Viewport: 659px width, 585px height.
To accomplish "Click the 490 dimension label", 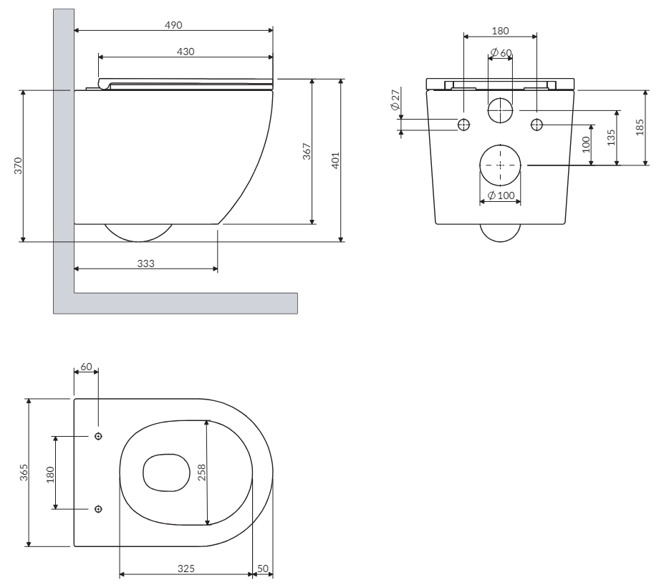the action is [x=173, y=25].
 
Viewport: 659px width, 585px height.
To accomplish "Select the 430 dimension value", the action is [x=186, y=52].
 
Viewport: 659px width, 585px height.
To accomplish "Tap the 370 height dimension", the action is [x=18, y=165].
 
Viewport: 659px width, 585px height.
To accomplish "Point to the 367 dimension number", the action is [x=307, y=152].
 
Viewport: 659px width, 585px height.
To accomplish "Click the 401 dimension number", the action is [x=335, y=160].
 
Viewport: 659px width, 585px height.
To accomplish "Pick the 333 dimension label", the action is [x=146, y=264].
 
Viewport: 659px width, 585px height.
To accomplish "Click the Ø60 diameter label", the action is [x=501, y=52].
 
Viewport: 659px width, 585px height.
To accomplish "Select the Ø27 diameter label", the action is [x=395, y=100].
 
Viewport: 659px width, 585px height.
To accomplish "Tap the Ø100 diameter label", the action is [x=501, y=195].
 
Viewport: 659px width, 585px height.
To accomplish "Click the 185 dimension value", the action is [x=640, y=127].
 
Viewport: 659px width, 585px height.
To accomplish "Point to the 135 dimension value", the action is [x=612, y=137].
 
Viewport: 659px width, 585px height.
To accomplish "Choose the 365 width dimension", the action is [x=24, y=473].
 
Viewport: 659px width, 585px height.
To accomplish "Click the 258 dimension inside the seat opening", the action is [x=202, y=473].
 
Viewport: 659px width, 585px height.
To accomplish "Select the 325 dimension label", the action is [x=186, y=569].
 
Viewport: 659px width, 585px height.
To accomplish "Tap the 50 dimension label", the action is [x=263, y=569].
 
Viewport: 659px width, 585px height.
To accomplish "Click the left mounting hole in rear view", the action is [x=463, y=125].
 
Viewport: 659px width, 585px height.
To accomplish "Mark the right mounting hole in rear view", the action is [x=537, y=125].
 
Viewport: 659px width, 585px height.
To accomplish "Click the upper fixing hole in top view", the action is [x=98, y=436].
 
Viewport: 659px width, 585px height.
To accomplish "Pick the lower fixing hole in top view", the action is [x=98, y=509].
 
